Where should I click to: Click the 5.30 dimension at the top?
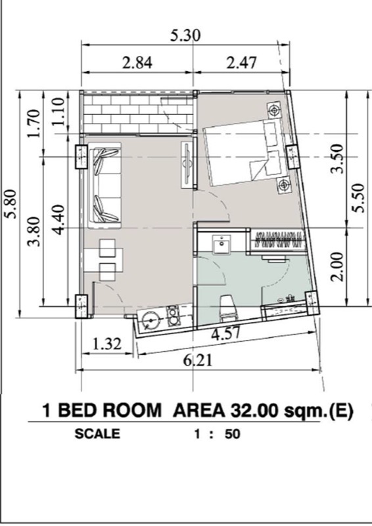click(x=185, y=36)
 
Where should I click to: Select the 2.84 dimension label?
click(x=137, y=62)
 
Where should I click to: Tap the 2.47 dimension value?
click(x=241, y=62)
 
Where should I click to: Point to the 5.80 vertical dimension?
click(x=12, y=204)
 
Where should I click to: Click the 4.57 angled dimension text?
click(x=225, y=334)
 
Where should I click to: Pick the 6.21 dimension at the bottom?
click(x=198, y=360)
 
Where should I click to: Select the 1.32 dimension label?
click(x=106, y=344)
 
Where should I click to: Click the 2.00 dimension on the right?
click(x=337, y=267)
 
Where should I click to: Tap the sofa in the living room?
click(x=105, y=185)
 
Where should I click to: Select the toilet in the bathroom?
click(x=229, y=307)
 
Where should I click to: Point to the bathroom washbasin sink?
click(x=221, y=245)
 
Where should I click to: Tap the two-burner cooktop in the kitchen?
click(x=174, y=316)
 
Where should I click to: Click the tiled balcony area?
click(x=138, y=113)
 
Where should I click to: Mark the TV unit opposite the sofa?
click(x=187, y=165)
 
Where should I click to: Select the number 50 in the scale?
click(x=233, y=434)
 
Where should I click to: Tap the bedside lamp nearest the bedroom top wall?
click(x=274, y=110)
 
